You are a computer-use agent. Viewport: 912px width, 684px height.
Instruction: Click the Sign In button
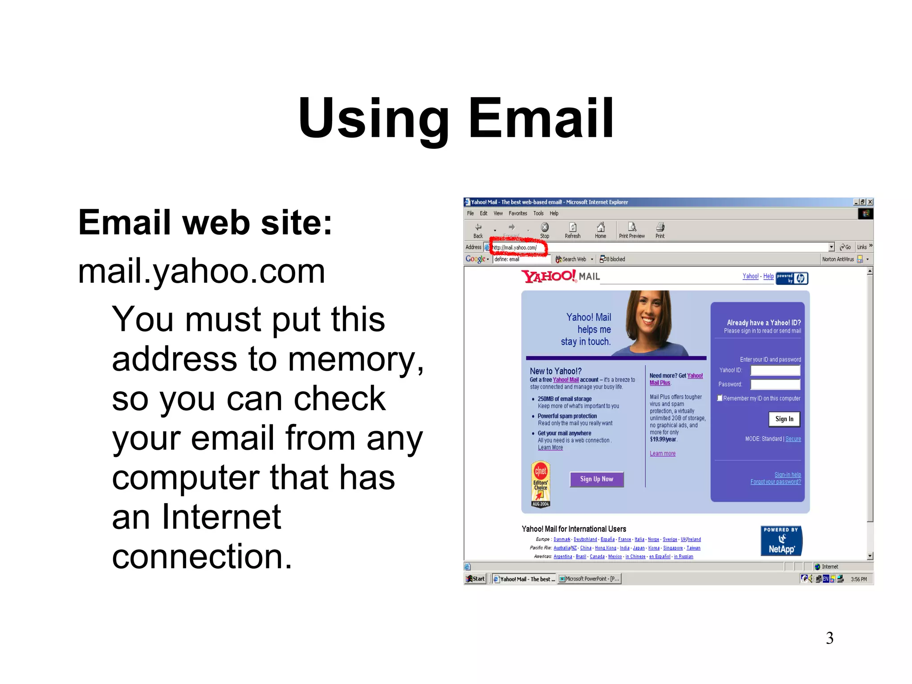point(784,419)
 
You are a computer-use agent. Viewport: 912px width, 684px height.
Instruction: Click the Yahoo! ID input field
point(775,370)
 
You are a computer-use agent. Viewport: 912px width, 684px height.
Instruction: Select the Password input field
point(775,384)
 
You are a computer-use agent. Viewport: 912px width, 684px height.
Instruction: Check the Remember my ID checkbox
point(720,398)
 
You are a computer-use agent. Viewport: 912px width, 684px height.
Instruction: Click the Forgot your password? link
point(775,482)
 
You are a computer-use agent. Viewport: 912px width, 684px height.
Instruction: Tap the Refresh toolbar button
point(573,230)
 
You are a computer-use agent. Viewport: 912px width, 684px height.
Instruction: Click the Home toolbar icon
point(600,230)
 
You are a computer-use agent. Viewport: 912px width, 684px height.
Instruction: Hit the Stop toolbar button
point(545,230)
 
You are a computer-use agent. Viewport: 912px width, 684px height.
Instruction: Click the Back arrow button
point(478,230)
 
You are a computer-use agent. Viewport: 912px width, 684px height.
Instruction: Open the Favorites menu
point(517,214)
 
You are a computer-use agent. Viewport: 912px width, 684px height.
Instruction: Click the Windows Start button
point(475,579)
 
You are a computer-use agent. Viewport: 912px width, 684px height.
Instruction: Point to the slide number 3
point(830,638)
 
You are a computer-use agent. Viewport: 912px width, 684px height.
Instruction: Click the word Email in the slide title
point(541,118)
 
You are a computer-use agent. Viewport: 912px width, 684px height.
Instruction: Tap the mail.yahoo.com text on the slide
point(201,271)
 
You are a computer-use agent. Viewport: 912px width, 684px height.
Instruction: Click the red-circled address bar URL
point(517,248)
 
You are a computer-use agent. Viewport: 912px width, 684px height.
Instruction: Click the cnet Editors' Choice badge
point(541,484)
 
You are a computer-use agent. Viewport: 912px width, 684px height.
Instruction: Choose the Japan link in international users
point(639,548)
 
